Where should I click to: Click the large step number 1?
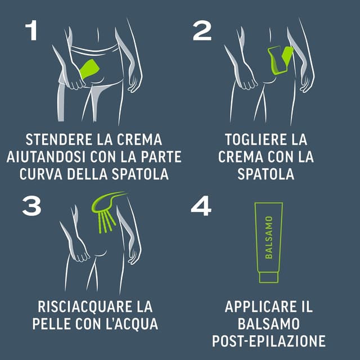(x=31, y=30)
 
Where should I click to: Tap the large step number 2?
(x=202, y=30)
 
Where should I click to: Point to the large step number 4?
(x=201, y=206)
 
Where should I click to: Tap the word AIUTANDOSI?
(x=46, y=157)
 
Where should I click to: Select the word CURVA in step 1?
(x=41, y=174)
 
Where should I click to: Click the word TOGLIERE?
(x=256, y=139)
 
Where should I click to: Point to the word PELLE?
(x=51, y=324)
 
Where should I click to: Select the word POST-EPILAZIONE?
(x=269, y=341)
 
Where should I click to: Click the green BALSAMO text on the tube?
(x=269, y=237)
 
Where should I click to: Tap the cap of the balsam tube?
(x=269, y=277)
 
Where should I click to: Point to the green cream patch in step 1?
(x=90, y=69)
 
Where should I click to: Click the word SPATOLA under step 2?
(x=266, y=174)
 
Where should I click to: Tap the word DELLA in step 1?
(x=87, y=174)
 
